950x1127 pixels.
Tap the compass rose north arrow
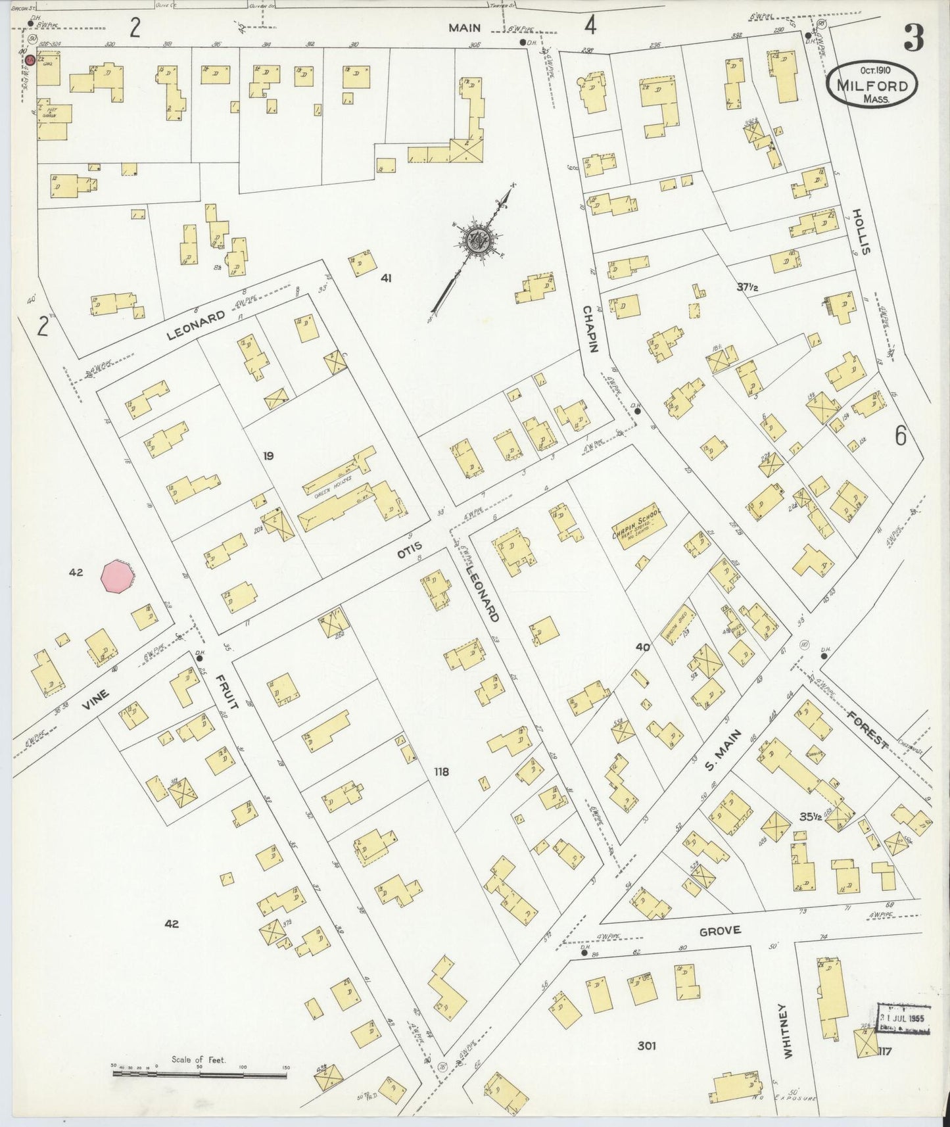(475, 241)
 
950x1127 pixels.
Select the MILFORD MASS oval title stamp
(872, 85)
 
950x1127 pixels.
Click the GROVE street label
(720, 930)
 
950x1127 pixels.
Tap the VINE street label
(95, 704)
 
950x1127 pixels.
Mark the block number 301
(646, 1045)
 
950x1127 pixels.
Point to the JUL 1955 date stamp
(903, 1019)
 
